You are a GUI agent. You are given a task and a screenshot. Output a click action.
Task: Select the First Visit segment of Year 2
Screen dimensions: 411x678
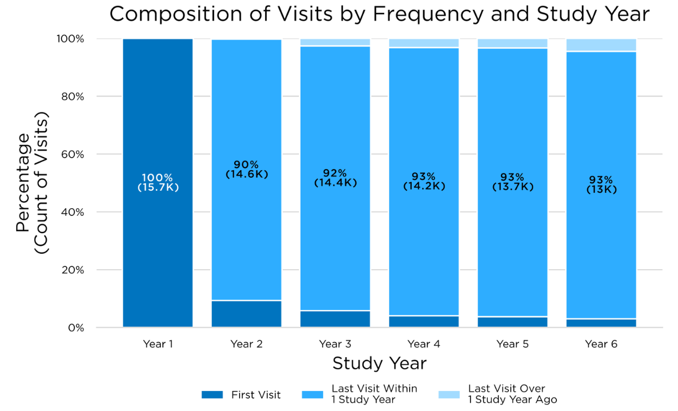pos(247,314)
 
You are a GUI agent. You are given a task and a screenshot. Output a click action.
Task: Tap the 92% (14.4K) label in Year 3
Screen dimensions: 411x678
pos(335,178)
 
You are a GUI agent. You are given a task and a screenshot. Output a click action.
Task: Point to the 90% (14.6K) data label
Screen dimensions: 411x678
pos(247,170)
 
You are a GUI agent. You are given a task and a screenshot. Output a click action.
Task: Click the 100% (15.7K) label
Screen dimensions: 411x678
pos(158,182)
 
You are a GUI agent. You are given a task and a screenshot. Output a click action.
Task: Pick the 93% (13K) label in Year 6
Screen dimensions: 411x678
pos(601,185)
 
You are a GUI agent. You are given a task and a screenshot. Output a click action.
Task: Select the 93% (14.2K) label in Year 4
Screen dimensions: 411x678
pos(424,182)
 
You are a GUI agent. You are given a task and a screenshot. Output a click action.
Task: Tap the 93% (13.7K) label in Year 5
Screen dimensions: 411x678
pos(512,182)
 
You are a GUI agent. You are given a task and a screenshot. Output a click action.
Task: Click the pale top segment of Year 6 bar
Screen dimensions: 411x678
pos(601,45)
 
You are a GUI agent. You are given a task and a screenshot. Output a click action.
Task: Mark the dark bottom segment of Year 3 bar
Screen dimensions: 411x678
pos(335,319)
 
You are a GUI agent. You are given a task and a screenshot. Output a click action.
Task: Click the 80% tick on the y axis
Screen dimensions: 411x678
pos(71,97)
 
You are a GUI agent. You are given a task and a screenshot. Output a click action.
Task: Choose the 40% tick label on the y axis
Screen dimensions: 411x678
pos(71,212)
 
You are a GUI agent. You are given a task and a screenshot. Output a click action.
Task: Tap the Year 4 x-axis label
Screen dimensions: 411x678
pos(424,344)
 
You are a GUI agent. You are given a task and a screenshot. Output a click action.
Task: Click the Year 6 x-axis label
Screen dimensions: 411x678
pos(601,344)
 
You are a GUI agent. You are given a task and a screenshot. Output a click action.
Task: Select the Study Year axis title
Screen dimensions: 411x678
pos(379,363)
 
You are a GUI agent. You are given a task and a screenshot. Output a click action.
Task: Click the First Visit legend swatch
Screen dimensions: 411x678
pos(212,395)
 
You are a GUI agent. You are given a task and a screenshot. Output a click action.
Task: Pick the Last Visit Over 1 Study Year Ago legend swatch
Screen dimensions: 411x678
pos(448,395)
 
